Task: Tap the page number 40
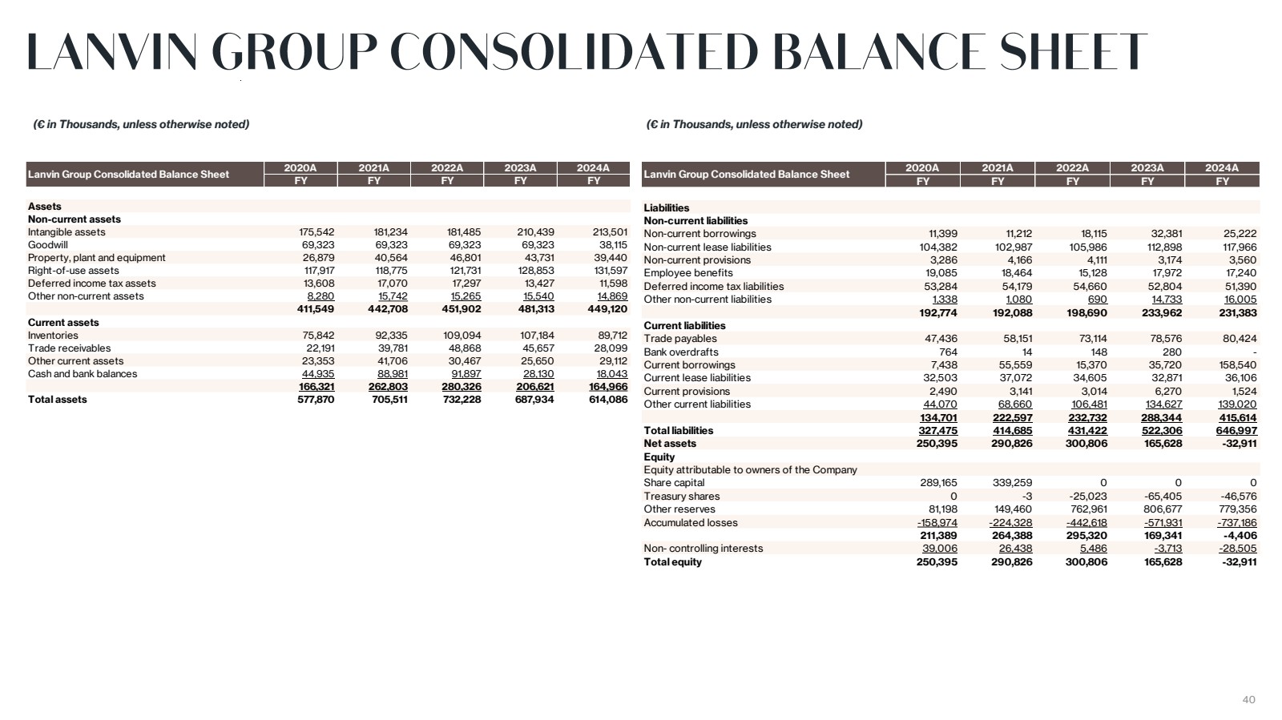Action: click(x=1248, y=700)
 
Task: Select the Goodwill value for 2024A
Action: click(x=613, y=245)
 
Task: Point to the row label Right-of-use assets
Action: click(x=73, y=271)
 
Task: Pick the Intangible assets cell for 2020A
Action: click(x=316, y=232)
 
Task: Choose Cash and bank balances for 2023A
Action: click(x=538, y=374)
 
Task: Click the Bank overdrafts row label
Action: click(x=681, y=352)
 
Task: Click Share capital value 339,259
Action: click(x=1013, y=483)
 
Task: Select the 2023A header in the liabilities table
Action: click(x=1147, y=168)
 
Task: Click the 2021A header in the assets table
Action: click(x=373, y=168)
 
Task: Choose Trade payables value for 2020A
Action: click(x=941, y=339)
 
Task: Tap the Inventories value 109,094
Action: click(x=462, y=336)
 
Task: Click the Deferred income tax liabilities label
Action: click(x=713, y=287)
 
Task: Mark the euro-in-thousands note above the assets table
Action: click(x=141, y=125)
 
